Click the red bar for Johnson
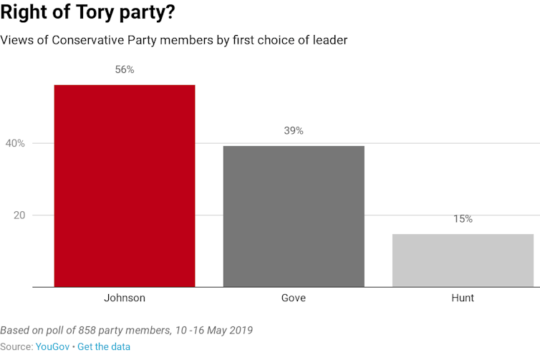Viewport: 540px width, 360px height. (125, 186)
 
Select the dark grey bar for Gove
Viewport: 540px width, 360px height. (294, 216)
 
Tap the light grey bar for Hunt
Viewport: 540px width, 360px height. (463, 261)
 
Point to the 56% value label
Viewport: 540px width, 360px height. (125, 70)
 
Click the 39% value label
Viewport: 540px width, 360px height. (294, 131)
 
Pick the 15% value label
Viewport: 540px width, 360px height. (463, 219)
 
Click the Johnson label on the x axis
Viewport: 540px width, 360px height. (125, 298)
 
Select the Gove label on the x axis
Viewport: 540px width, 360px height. (294, 298)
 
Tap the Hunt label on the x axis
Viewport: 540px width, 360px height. (463, 298)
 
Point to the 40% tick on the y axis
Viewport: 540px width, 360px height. (16, 144)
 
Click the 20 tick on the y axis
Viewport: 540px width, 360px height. (19, 215)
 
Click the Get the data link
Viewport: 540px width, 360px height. (104, 346)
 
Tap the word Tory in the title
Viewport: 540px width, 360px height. (80, 13)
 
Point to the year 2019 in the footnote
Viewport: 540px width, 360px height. (240, 331)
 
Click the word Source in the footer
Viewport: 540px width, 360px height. (15, 346)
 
